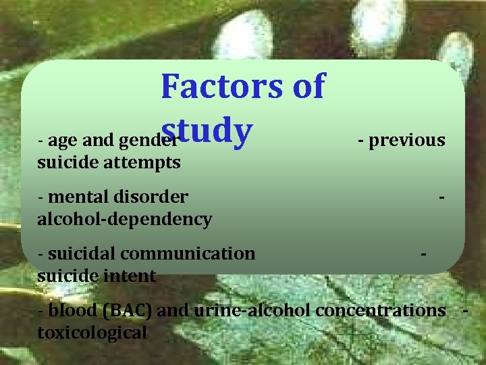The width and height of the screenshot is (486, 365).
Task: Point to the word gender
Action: click(145, 141)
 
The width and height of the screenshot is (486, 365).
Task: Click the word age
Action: click(63, 141)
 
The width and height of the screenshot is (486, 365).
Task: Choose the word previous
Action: click(407, 140)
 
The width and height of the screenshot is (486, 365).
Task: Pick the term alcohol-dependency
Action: click(125, 219)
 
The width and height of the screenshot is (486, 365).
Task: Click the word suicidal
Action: click(78, 253)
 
